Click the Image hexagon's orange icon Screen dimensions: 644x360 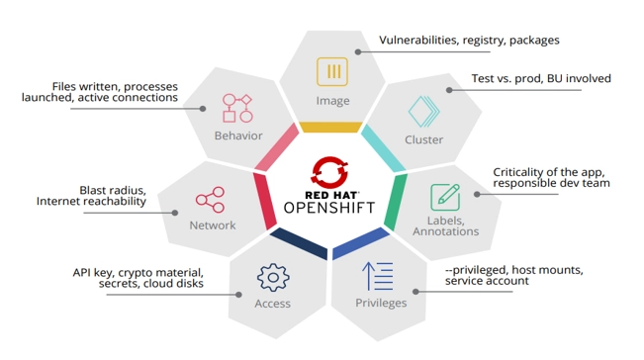pyautogui.click(x=332, y=72)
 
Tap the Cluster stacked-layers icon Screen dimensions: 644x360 pyautogui.click(x=423, y=109)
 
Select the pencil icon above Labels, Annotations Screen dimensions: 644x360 pyautogui.click(x=445, y=196)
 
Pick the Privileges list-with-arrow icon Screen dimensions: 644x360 pyautogui.click(x=379, y=275)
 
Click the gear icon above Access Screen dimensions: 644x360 pyautogui.click(x=272, y=276)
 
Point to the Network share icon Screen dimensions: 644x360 pyautogui.click(x=210, y=200)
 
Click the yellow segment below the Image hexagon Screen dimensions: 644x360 pyautogui.click(x=329, y=127)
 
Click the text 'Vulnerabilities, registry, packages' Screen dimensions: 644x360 pyautogui.click(x=469, y=41)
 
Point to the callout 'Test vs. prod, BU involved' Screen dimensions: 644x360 pyautogui.click(x=540, y=78)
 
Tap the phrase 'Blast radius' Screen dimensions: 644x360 pyautogui.click(x=113, y=190)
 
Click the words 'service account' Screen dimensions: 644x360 pyautogui.click(x=487, y=281)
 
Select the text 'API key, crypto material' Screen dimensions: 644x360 pyautogui.click(x=138, y=272)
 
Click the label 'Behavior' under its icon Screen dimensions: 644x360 pyautogui.click(x=238, y=135)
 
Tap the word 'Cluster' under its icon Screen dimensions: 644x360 pyautogui.click(x=424, y=139)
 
